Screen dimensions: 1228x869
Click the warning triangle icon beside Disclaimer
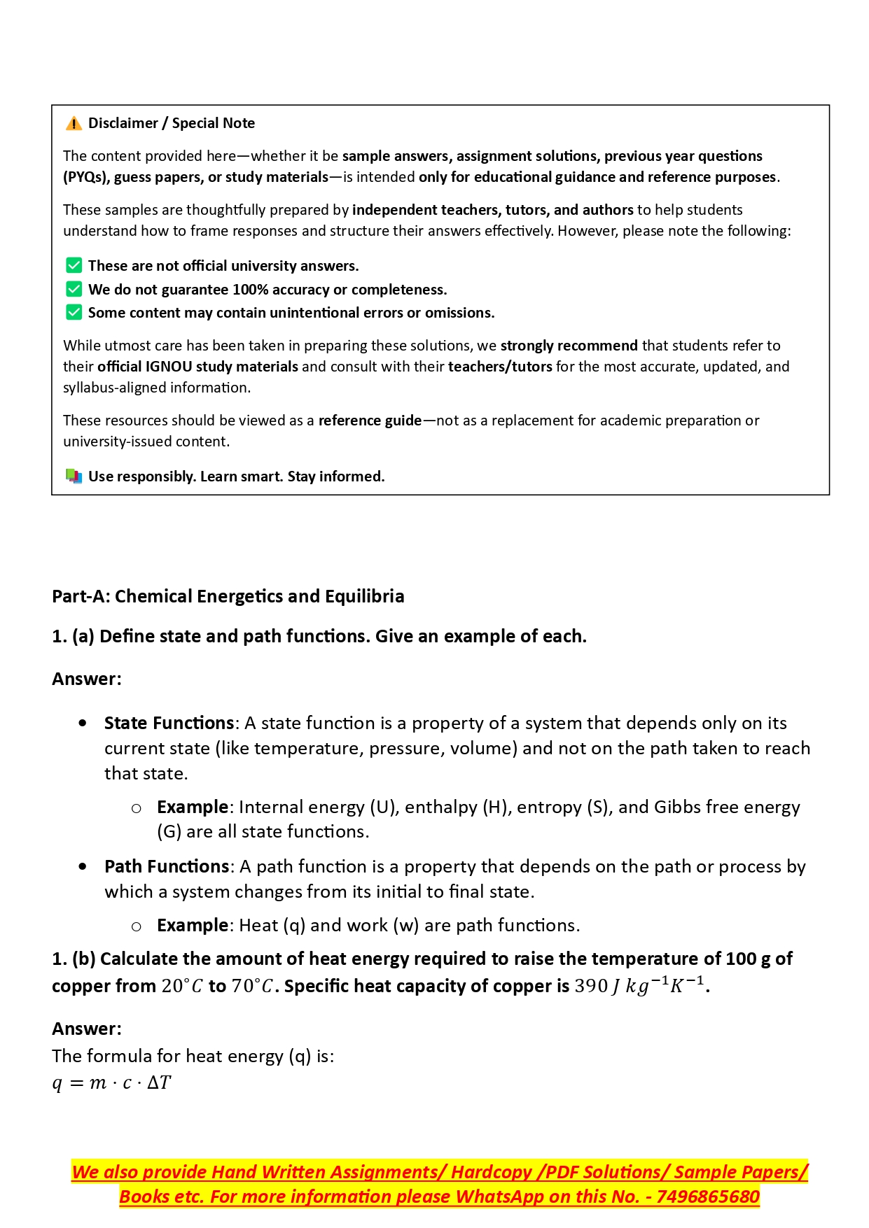coord(74,124)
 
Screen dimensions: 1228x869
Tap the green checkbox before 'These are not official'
coord(74,266)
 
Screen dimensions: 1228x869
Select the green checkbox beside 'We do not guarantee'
coord(74,290)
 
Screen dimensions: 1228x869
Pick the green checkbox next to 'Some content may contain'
coord(74,313)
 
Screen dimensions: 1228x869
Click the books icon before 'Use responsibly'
coord(74,477)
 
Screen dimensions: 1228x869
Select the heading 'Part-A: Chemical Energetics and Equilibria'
coord(228,596)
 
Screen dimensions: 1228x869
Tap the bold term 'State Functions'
coord(169,723)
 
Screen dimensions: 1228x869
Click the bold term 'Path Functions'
coord(167,866)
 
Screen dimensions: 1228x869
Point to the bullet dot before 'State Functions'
coord(83,723)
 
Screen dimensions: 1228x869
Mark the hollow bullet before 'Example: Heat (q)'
coord(137,926)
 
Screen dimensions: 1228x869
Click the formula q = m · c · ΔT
coord(112,1083)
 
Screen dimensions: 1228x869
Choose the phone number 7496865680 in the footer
coord(707,1197)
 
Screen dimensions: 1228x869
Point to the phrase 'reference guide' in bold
coord(370,421)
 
